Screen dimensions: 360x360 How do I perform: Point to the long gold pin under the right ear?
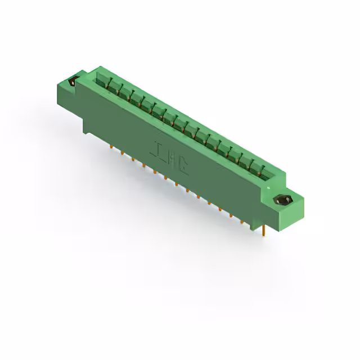tap(264, 231)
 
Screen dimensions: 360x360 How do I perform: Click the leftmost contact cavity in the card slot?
tap(102, 81)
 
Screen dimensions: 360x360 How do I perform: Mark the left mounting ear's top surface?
tap(76, 78)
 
